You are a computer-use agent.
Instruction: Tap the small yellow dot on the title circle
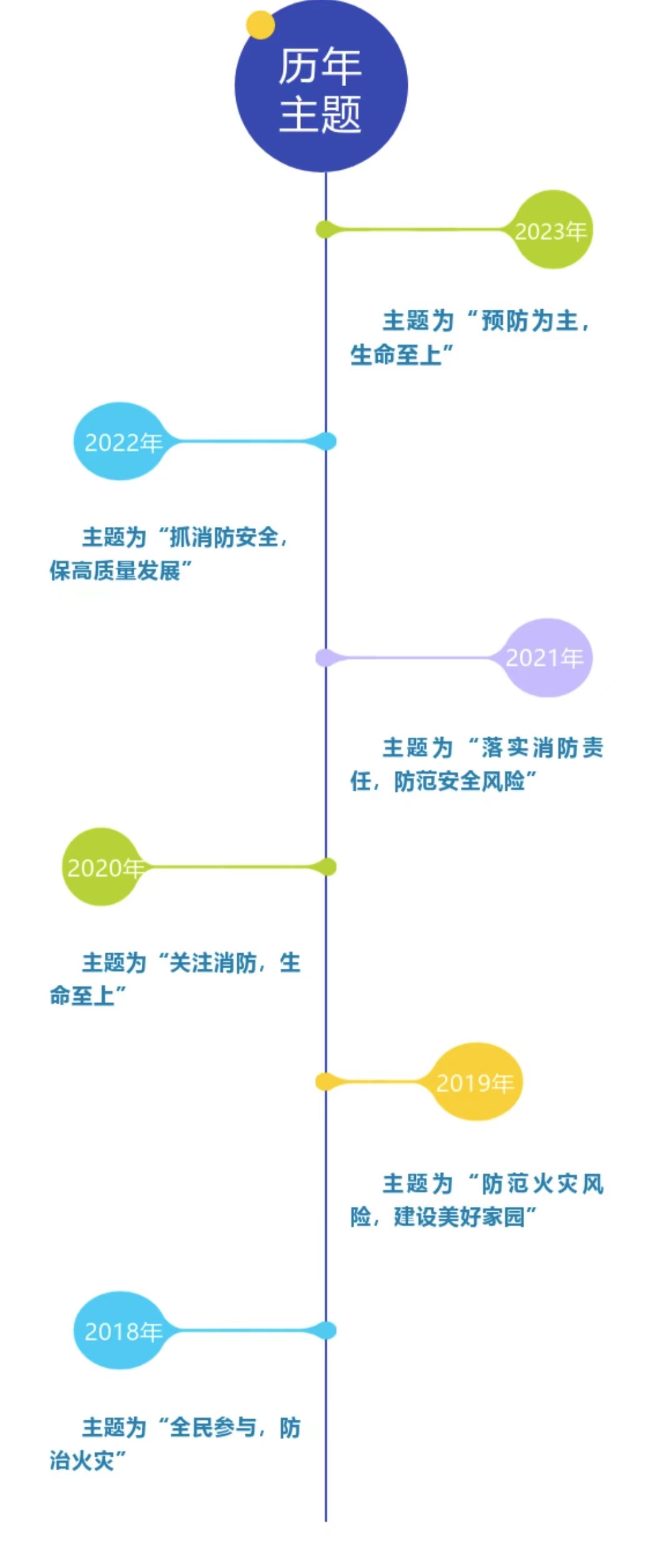(x=260, y=25)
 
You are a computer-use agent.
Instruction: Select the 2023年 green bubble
(x=551, y=230)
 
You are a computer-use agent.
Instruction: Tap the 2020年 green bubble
(x=101, y=867)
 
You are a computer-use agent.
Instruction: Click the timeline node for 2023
(x=325, y=229)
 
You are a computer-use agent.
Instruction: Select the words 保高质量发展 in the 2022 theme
(x=115, y=570)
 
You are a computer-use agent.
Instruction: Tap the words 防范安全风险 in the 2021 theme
(x=460, y=781)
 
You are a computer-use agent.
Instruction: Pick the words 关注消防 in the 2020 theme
(x=213, y=963)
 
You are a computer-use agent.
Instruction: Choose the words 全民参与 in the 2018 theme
(x=213, y=1427)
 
